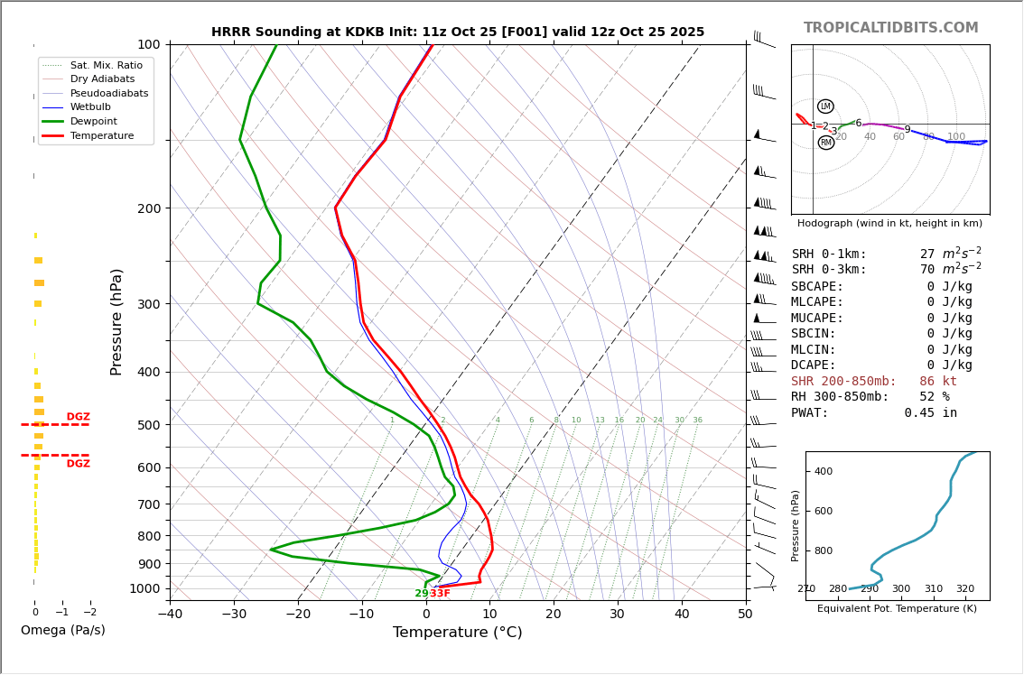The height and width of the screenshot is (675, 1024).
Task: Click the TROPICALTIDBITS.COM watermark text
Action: [x=890, y=28]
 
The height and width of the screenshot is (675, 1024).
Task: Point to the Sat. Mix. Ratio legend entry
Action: [x=106, y=65]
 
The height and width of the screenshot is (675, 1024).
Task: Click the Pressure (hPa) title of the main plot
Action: [x=116, y=321]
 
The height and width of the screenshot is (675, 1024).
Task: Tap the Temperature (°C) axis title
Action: [x=457, y=633]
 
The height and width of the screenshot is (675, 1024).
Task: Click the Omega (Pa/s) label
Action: [x=62, y=630]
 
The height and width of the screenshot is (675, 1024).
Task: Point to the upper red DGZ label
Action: [x=79, y=417]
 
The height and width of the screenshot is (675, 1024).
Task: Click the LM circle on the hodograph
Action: [x=825, y=106]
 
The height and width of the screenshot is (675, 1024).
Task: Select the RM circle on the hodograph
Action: [x=825, y=143]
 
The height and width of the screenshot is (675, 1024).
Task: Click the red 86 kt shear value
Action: [x=937, y=382]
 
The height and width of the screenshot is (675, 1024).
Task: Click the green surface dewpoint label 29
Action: [x=422, y=594]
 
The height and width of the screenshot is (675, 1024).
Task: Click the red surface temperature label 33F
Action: [x=440, y=594]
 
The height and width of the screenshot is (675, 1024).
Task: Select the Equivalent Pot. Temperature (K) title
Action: [x=897, y=608]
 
